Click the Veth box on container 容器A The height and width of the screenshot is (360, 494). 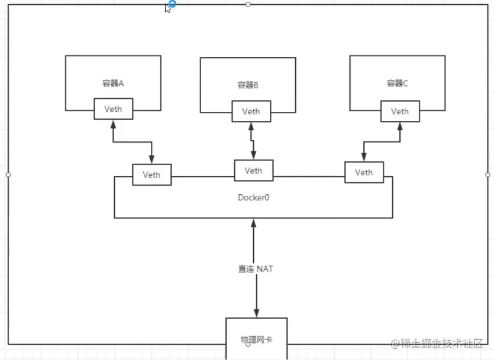(x=113, y=109)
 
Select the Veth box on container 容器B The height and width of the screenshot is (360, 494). (x=251, y=111)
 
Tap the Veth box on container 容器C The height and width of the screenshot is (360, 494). (x=399, y=111)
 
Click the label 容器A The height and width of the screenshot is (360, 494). (x=113, y=83)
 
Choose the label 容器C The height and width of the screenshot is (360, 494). (x=398, y=83)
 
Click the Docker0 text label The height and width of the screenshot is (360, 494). (x=253, y=196)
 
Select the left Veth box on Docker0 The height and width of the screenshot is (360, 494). (x=151, y=175)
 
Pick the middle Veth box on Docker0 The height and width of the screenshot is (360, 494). (x=253, y=171)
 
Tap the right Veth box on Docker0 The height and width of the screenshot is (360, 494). (x=364, y=172)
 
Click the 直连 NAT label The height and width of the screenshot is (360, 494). (x=251, y=269)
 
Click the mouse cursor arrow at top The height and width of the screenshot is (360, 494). (x=168, y=8)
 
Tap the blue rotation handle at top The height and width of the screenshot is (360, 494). (x=172, y=4)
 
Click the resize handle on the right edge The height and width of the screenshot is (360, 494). (x=487, y=175)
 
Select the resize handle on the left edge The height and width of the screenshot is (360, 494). (x=8, y=175)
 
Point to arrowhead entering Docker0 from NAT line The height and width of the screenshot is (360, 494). (x=254, y=223)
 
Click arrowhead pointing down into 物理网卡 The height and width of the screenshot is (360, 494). (x=256, y=313)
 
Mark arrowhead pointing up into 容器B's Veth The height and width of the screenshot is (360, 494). (x=251, y=126)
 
